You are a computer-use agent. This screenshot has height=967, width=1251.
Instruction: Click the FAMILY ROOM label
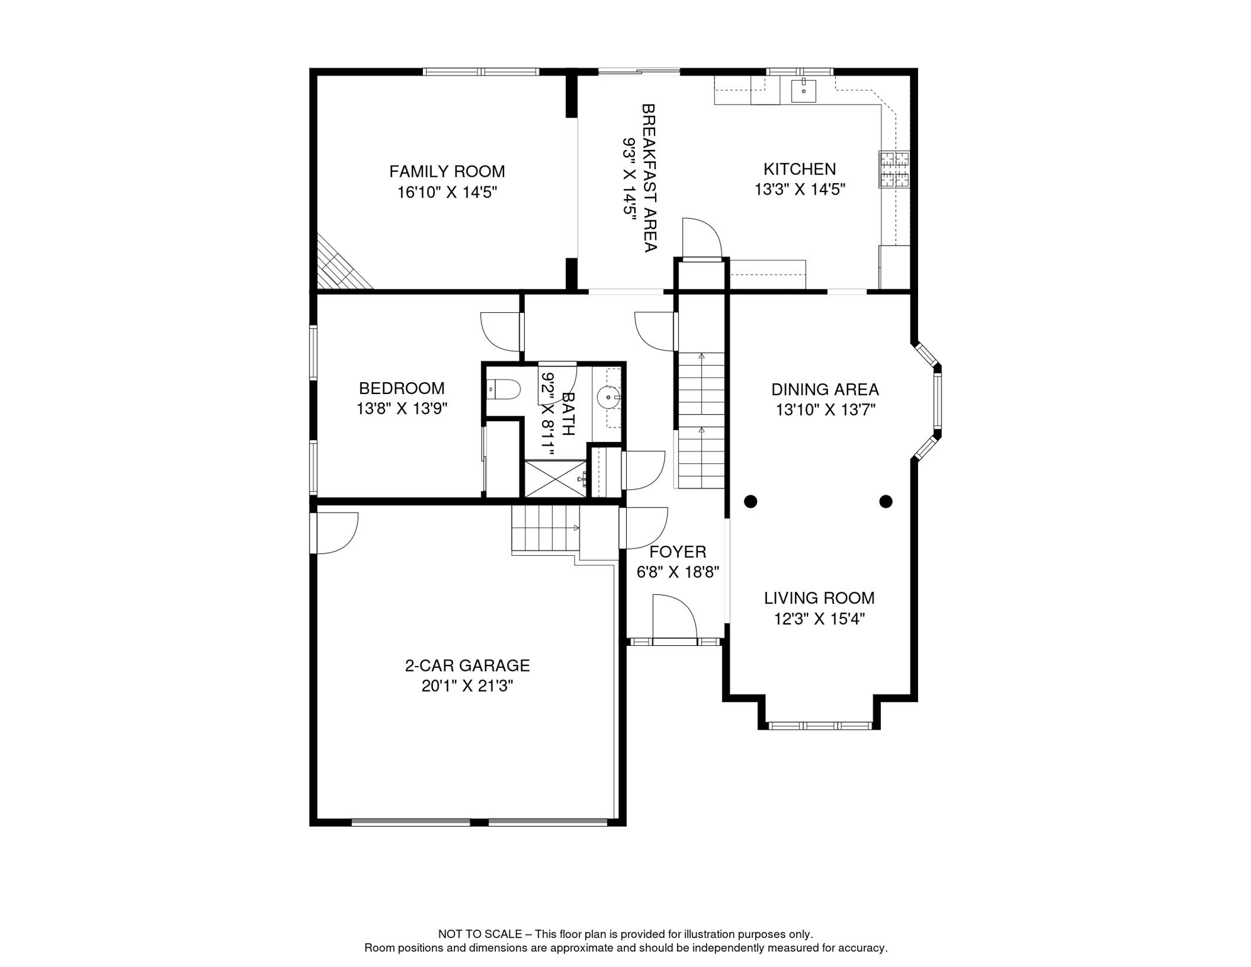point(447,171)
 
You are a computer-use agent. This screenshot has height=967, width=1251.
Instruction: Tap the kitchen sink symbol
point(803,91)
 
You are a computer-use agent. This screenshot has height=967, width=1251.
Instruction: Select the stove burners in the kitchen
point(894,169)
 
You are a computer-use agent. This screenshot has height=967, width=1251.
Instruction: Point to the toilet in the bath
point(505,389)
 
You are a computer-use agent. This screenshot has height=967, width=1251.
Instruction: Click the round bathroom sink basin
point(609,398)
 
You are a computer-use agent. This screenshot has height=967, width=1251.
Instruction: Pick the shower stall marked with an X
point(554,479)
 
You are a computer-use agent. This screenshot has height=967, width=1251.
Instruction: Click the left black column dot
point(750,502)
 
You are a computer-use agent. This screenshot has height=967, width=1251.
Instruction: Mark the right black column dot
point(885,502)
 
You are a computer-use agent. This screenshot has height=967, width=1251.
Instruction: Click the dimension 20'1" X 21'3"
point(467,686)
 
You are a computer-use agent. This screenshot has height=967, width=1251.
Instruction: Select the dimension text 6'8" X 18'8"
point(678,572)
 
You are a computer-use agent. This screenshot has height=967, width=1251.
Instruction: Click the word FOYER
point(678,552)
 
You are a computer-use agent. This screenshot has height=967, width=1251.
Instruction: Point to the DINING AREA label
point(824,390)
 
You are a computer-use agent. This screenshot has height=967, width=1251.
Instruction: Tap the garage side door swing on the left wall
point(336,533)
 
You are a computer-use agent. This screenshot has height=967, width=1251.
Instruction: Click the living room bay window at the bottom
point(819,725)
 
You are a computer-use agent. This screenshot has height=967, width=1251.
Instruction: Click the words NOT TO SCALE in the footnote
point(480,934)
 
